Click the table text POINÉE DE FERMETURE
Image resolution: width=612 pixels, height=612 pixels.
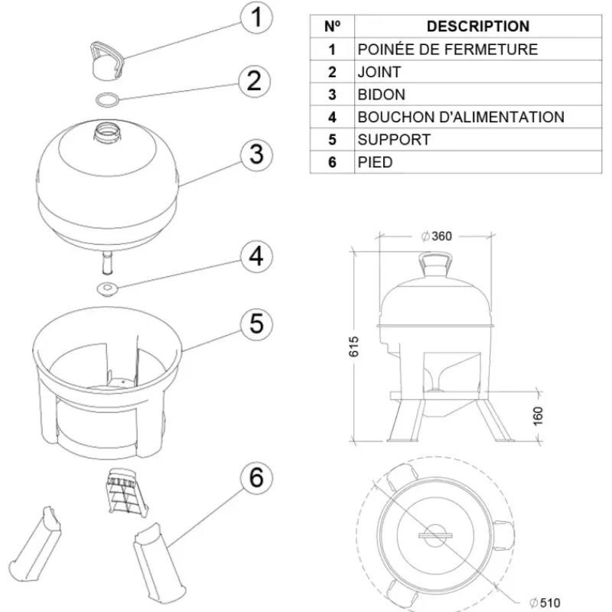tap(448, 50)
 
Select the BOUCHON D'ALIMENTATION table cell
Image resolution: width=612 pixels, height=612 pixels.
tap(461, 117)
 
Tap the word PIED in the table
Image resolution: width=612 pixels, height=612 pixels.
tap(375, 162)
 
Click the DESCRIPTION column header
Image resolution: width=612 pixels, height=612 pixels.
tap(477, 26)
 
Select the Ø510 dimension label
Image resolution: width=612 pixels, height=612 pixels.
tap(545, 602)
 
